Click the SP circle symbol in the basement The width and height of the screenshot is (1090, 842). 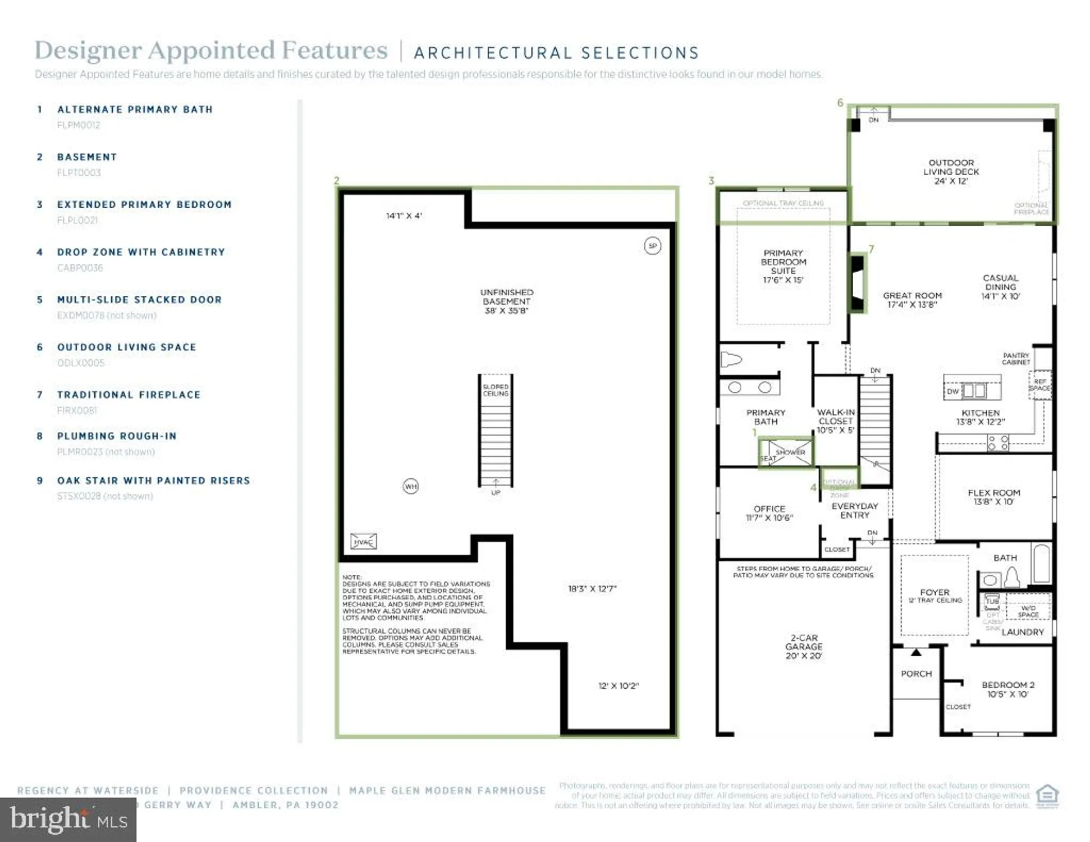(652, 246)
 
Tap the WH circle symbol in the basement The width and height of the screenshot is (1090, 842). (411, 486)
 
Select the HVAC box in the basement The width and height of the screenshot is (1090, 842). (363, 542)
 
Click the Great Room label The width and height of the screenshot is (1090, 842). (912, 300)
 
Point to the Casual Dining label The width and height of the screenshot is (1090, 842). (1000, 287)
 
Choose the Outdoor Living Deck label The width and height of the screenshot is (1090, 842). (951, 172)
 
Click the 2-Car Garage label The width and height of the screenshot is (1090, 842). (804, 647)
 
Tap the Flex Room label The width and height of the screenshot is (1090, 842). (993, 497)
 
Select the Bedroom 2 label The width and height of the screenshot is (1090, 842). (1007, 689)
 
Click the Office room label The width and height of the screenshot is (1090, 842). (769, 512)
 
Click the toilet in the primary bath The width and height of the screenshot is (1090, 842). (731, 360)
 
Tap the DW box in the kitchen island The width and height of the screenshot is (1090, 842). (952, 391)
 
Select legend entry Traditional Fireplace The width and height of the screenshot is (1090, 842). (129, 395)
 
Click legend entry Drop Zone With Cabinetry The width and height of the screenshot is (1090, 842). (141, 252)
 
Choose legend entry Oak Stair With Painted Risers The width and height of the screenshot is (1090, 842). (153, 481)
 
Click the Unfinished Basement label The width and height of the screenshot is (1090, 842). (506, 301)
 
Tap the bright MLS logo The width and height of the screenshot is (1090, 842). (68, 820)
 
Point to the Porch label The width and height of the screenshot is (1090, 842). (916, 674)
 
